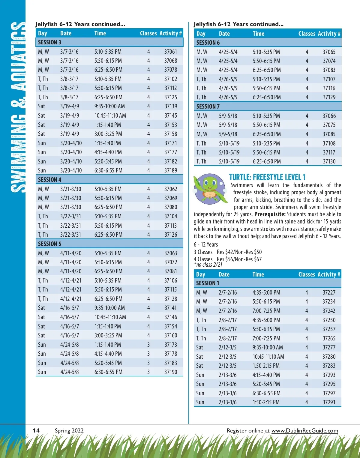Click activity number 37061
(x=170, y=52)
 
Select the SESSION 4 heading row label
(x=49, y=180)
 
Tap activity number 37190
(x=171, y=372)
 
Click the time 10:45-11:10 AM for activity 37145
(x=110, y=115)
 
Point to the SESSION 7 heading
(x=208, y=106)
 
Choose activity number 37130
(x=329, y=161)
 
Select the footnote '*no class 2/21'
(x=208, y=265)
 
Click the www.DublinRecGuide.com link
(x=304, y=431)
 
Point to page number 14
(x=36, y=431)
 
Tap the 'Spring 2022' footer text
(x=69, y=431)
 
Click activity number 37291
(x=329, y=402)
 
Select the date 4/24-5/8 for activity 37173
(x=69, y=345)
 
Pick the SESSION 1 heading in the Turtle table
(x=208, y=283)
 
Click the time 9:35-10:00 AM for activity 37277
(x=268, y=347)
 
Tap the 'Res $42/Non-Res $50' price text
(x=239, y=252)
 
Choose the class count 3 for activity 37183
(x=148, y=363)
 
